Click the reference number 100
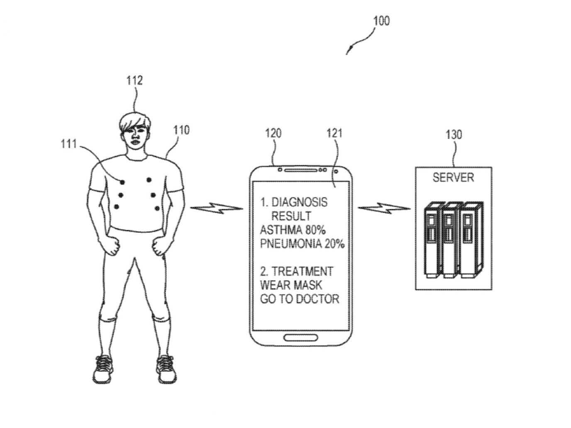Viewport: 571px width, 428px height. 381,21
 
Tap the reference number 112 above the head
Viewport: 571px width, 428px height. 134,80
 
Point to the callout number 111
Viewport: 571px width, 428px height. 69,144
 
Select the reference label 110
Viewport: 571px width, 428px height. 181,130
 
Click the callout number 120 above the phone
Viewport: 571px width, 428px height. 273,133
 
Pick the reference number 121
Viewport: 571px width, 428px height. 334,133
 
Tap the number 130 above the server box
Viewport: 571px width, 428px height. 454,134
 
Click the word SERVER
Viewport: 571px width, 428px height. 453,178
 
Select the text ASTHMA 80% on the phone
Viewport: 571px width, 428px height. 287,230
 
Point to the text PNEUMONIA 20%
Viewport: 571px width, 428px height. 302,244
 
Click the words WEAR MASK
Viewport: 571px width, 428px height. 291,285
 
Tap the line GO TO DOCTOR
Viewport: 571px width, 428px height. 299,299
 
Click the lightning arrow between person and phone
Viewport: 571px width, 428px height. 216,208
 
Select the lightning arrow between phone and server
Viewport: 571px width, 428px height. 384,208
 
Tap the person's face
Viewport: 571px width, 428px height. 136,136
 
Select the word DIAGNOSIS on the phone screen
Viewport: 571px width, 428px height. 299,202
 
